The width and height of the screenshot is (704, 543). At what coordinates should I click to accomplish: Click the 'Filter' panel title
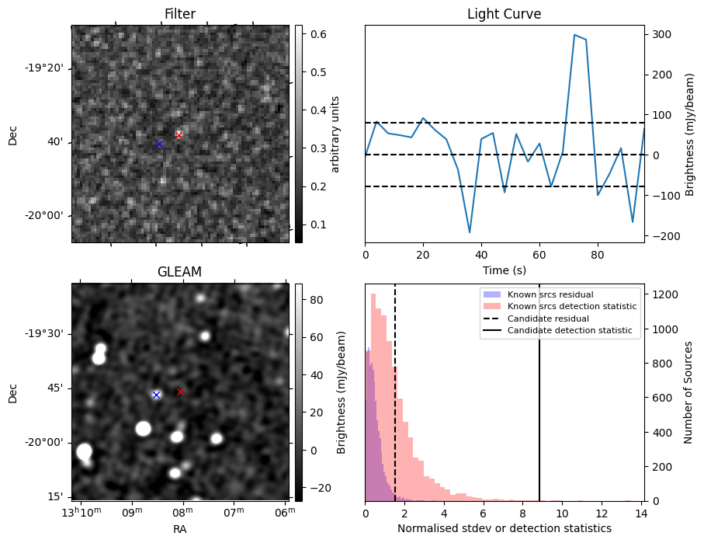tap(179, 14)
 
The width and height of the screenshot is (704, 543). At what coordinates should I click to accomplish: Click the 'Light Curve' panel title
tap(504, 14)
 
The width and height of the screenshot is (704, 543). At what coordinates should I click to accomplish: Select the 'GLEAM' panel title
tap(179, 272)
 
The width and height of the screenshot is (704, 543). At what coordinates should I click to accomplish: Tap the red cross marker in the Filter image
tap(179, 135)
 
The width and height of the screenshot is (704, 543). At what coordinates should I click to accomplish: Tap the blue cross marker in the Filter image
tap(159, 144)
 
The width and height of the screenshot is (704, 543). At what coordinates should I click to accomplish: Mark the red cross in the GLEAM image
tap(180, 392)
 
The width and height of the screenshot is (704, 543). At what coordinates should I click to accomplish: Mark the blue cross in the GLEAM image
tap(156, 395)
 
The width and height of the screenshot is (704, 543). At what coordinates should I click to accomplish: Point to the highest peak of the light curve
tap(574, 35)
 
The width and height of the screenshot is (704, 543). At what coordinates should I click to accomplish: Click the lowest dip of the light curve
tap(470, 232)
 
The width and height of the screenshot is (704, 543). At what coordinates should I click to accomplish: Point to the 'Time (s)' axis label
tap(504, 270)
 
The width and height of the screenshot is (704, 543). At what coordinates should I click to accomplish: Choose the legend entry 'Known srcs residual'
tap(550, 294)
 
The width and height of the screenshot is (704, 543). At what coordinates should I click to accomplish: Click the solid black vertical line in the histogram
tap(539, 404)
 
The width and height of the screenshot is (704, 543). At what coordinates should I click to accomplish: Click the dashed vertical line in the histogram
tap(395, 404)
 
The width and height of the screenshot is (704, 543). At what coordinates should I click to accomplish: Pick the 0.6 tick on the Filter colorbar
tap(317, 34)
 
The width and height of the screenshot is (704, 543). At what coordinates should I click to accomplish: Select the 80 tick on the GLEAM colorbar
tap(317, 299)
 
